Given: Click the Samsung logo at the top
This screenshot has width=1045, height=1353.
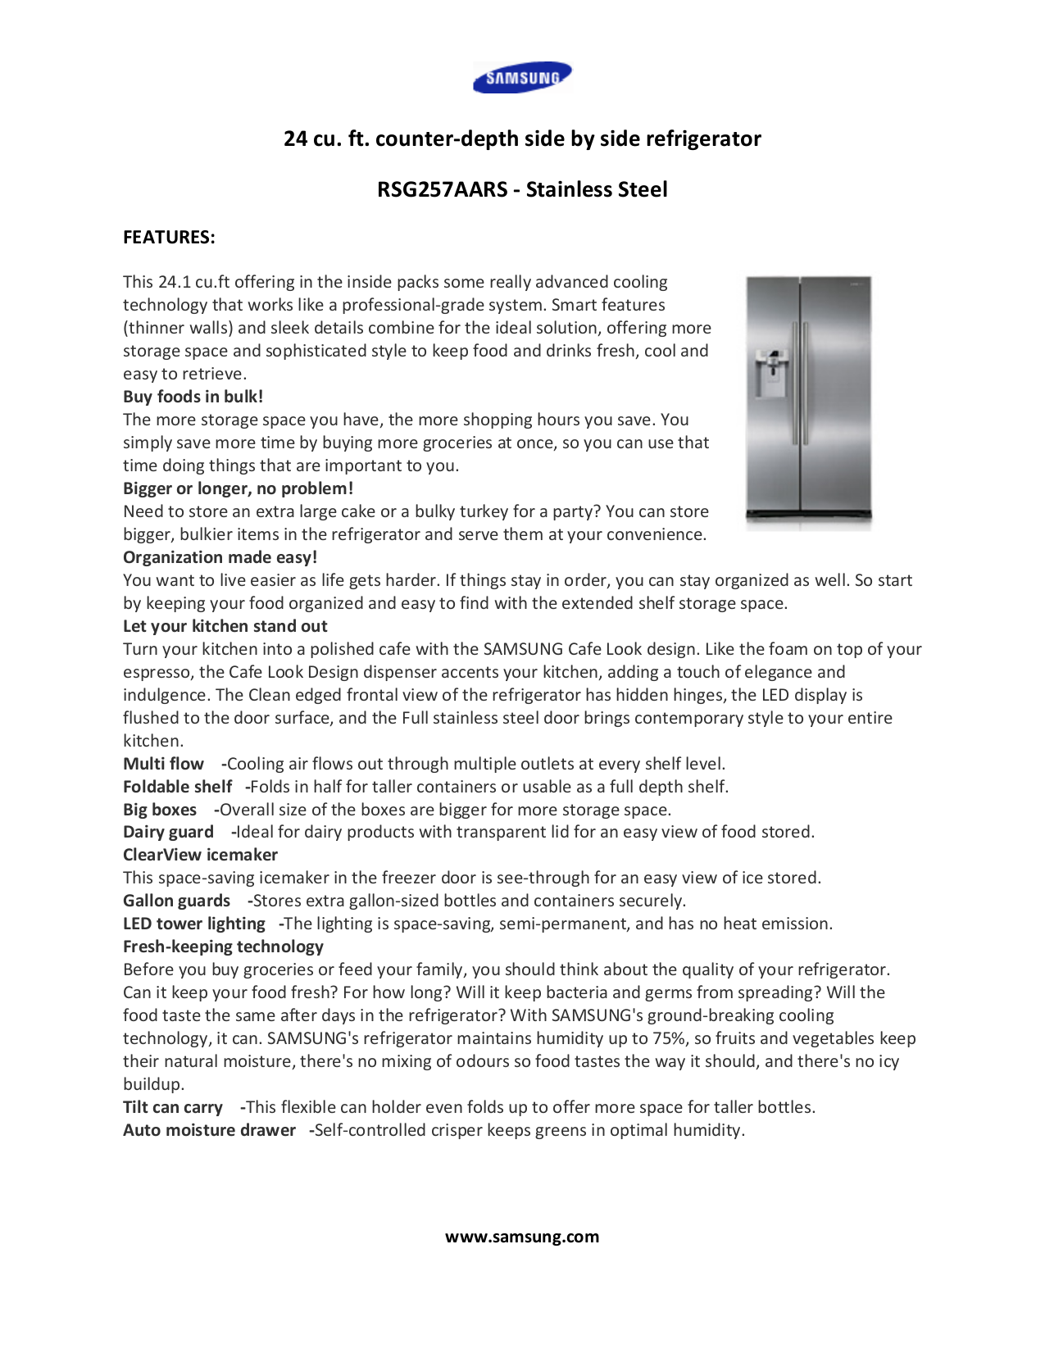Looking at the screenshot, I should pos(522,78).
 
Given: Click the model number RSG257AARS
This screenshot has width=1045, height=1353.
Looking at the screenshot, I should pos(443,189).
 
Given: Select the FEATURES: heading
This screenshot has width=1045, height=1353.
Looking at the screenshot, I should pos(169,237).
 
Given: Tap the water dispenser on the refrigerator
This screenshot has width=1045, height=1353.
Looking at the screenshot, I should pos(770,374).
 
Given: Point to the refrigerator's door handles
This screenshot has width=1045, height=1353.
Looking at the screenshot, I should pos(800,385).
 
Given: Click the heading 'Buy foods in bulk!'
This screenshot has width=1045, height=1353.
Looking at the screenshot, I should pos(193,397).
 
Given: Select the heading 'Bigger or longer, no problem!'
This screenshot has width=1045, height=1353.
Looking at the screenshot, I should pos(238,488).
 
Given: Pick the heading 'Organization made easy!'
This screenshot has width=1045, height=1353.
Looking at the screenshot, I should pos(220,557).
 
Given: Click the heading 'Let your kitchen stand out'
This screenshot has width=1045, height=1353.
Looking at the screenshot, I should pos(225,626).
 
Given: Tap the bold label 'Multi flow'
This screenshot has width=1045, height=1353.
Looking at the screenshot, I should pos(163,764).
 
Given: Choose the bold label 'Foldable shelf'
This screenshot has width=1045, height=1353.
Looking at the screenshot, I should pos(177,787).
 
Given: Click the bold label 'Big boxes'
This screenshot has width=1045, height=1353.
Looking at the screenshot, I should pos(160,810).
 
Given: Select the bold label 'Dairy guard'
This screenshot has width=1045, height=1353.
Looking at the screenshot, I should pos(168,832).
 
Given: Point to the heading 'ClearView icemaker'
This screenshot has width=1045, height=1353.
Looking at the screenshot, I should pos(200,855).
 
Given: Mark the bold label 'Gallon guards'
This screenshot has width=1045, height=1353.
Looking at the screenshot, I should pos(176,901).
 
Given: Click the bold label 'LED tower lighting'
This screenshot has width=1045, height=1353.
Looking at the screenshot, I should pos(193,924).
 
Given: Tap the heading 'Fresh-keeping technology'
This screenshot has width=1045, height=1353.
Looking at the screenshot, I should pos(223,947).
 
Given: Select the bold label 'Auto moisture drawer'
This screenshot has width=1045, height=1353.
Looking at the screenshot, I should pos(209,1130).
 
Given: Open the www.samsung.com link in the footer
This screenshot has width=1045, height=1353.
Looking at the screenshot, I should pos(522,1237).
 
